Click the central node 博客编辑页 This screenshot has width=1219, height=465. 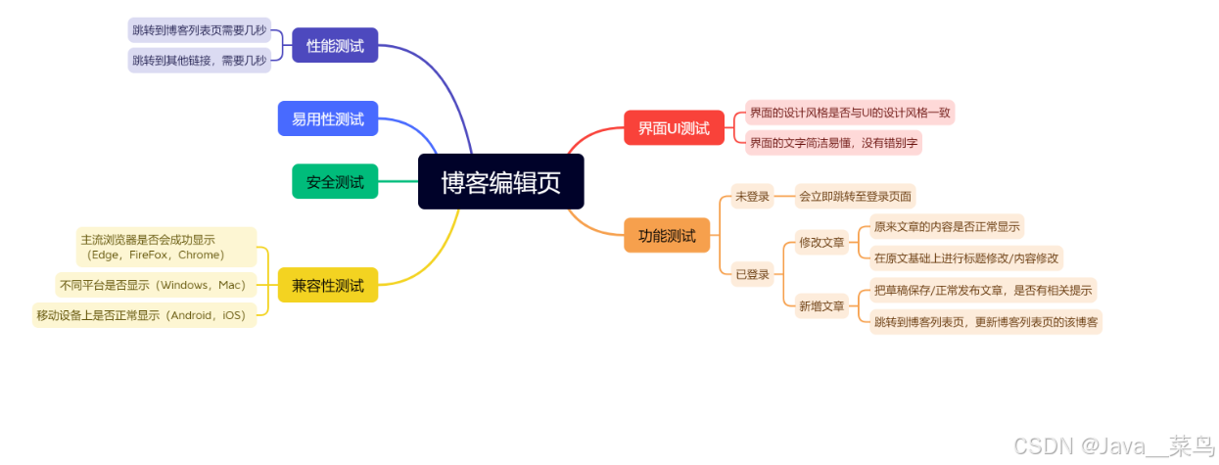(500, 182)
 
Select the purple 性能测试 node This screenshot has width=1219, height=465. (335, 45)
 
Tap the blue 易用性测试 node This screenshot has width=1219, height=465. (327, 118)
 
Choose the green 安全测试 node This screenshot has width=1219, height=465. (335, 181)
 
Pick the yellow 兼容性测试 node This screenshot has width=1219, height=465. (327, 285)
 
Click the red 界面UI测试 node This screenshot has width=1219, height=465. (674, 127)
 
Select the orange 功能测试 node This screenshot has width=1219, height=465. (667, 235)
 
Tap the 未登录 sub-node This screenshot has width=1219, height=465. (752, 196)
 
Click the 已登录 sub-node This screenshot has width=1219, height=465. (752, 273)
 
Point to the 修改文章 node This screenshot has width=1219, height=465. (820, 241)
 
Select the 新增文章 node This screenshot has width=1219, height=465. (820, 305)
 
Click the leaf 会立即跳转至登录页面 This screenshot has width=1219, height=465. (855, 196)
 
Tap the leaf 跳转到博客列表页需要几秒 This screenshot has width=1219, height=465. (199, 29)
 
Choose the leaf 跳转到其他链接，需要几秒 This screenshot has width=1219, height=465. (199, 60)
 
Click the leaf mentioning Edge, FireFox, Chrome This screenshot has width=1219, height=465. (165, 247)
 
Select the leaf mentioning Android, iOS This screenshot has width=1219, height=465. (144, 314)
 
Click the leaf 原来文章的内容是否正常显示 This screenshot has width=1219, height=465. (947, 226)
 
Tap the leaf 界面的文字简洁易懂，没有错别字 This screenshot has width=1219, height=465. (833, 142)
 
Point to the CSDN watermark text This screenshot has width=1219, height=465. (1113, 446)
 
